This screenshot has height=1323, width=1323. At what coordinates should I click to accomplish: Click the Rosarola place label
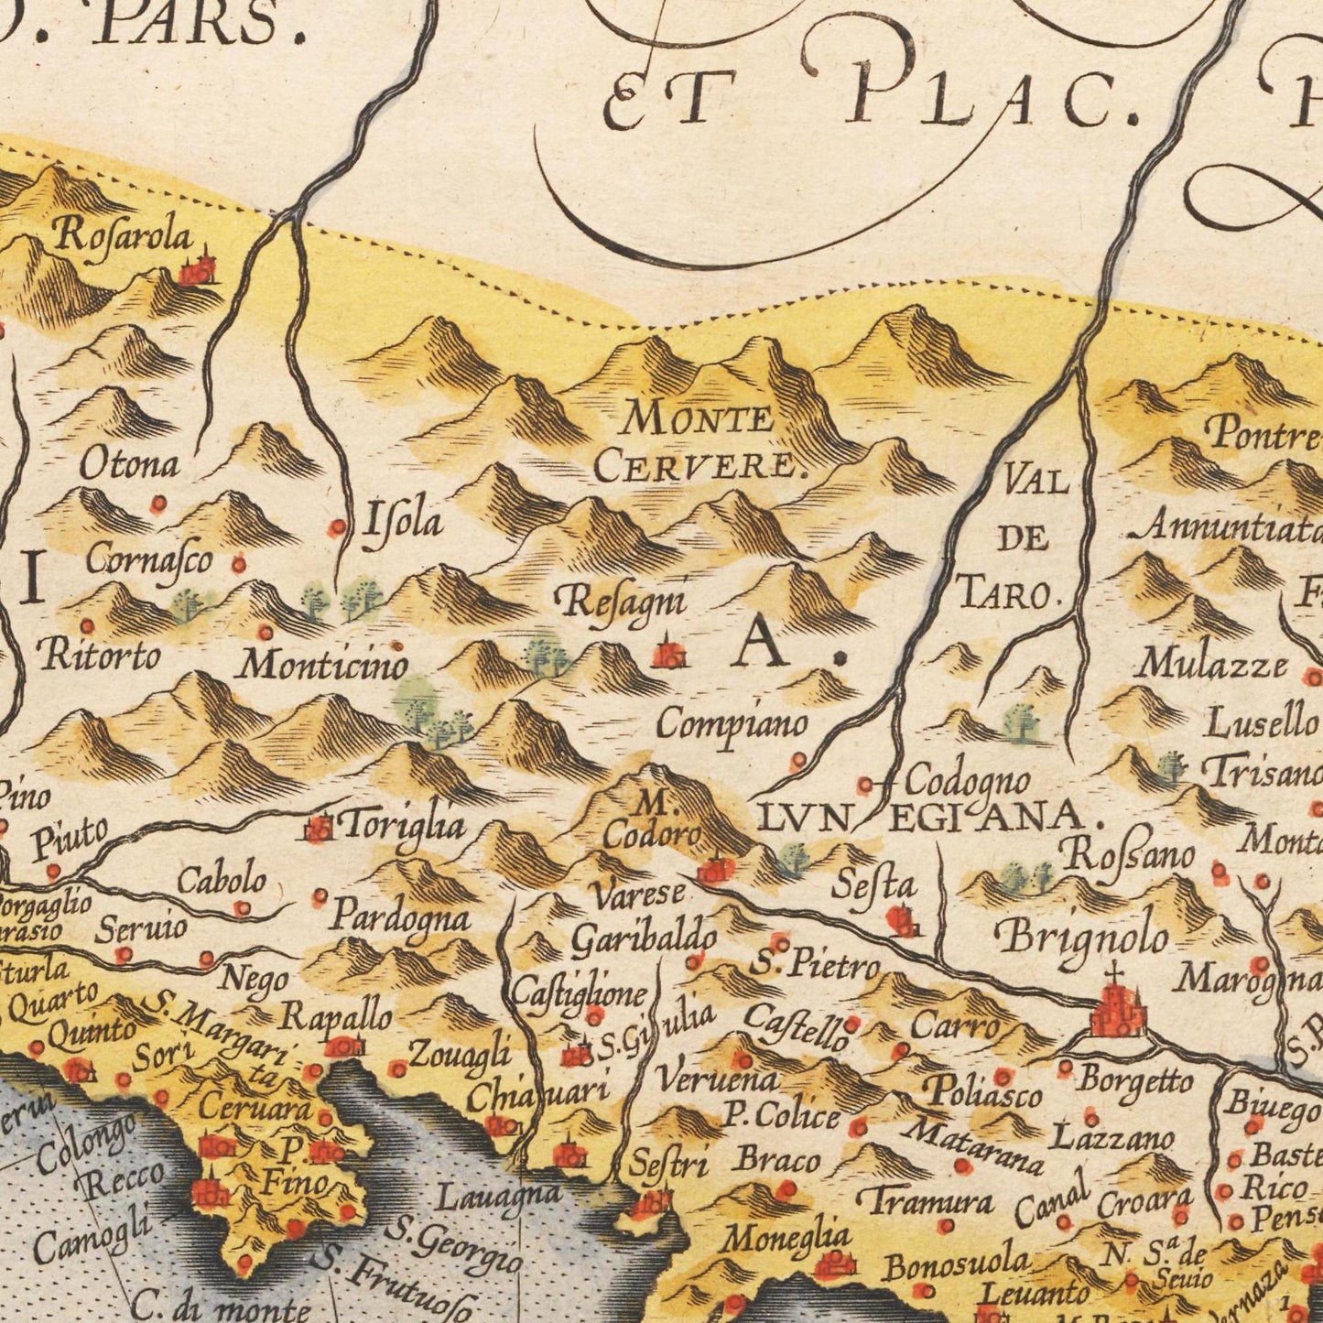pyautogui.click(x=124, y=237)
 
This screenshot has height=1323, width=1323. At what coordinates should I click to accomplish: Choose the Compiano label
pyautogui.click(x=733, y=724)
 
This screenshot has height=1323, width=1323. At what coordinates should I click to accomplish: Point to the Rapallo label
pyautogui.click(x=336, y=1015)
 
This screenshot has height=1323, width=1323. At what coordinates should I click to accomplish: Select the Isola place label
pyautogui.click(x=403, y=522)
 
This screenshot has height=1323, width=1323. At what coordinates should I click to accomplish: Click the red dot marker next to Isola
pyautogui.click(x=338, y=527)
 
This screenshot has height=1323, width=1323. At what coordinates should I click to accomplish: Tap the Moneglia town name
pyautogui.click(x=786, y=1238)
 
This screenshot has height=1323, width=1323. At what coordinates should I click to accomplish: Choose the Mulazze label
pyautogui.click(x=1211, y=663)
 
